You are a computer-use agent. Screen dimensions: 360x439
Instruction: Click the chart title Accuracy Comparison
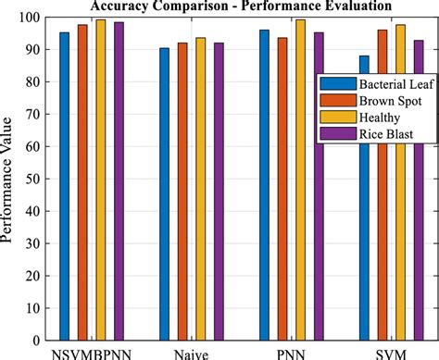pos(232,6)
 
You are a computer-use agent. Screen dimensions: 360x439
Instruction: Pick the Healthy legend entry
pos(370,118)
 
